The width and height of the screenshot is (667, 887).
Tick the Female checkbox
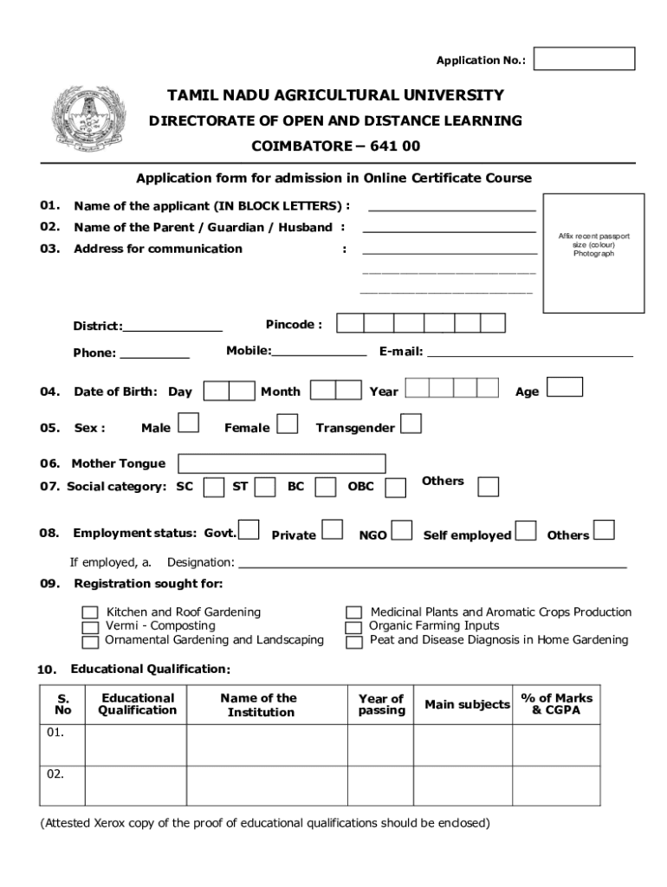(x=288, y=424)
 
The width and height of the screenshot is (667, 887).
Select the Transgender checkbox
(x=411, y=424)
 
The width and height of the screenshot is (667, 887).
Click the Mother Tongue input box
(x=282, y=463)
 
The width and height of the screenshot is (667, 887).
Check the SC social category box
(x=213, y=488)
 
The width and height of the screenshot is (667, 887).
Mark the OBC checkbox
(x=395, y=488)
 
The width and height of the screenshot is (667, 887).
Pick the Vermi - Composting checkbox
(x=90, y=627)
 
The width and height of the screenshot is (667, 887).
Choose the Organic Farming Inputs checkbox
(x=353, y=627)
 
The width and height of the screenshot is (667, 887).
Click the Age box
(x=566, y=386)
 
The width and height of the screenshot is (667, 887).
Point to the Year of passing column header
(x=381, y=704)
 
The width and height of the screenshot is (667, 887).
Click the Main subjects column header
(x=467, y=704)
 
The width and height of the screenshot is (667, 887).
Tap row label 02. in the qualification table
(x=55, y=774)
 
